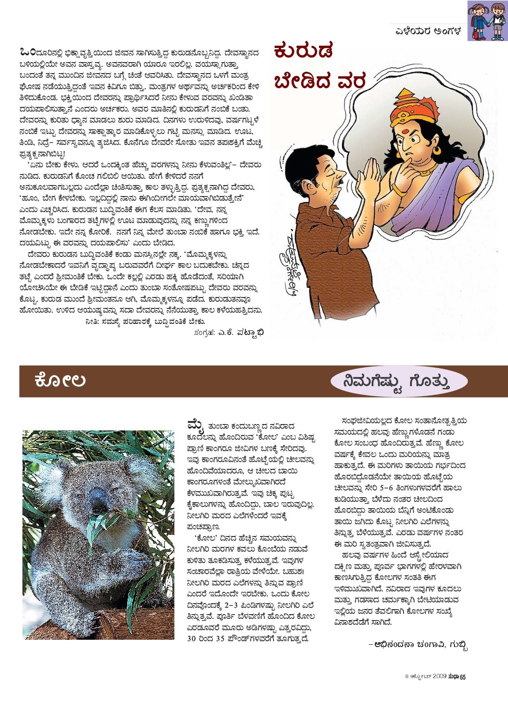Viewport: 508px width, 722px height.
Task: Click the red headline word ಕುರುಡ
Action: (303, 51)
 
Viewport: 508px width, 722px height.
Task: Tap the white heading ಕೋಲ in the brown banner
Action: (59, 380)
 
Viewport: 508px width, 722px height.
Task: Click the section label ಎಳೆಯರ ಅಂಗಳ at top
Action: (428, 32)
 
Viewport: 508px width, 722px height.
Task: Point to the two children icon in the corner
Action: (487, 21)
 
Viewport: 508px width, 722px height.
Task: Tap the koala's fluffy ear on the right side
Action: (140, 470)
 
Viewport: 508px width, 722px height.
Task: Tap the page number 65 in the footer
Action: (462, 677)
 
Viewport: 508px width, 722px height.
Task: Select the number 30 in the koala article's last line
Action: (191, 638)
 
